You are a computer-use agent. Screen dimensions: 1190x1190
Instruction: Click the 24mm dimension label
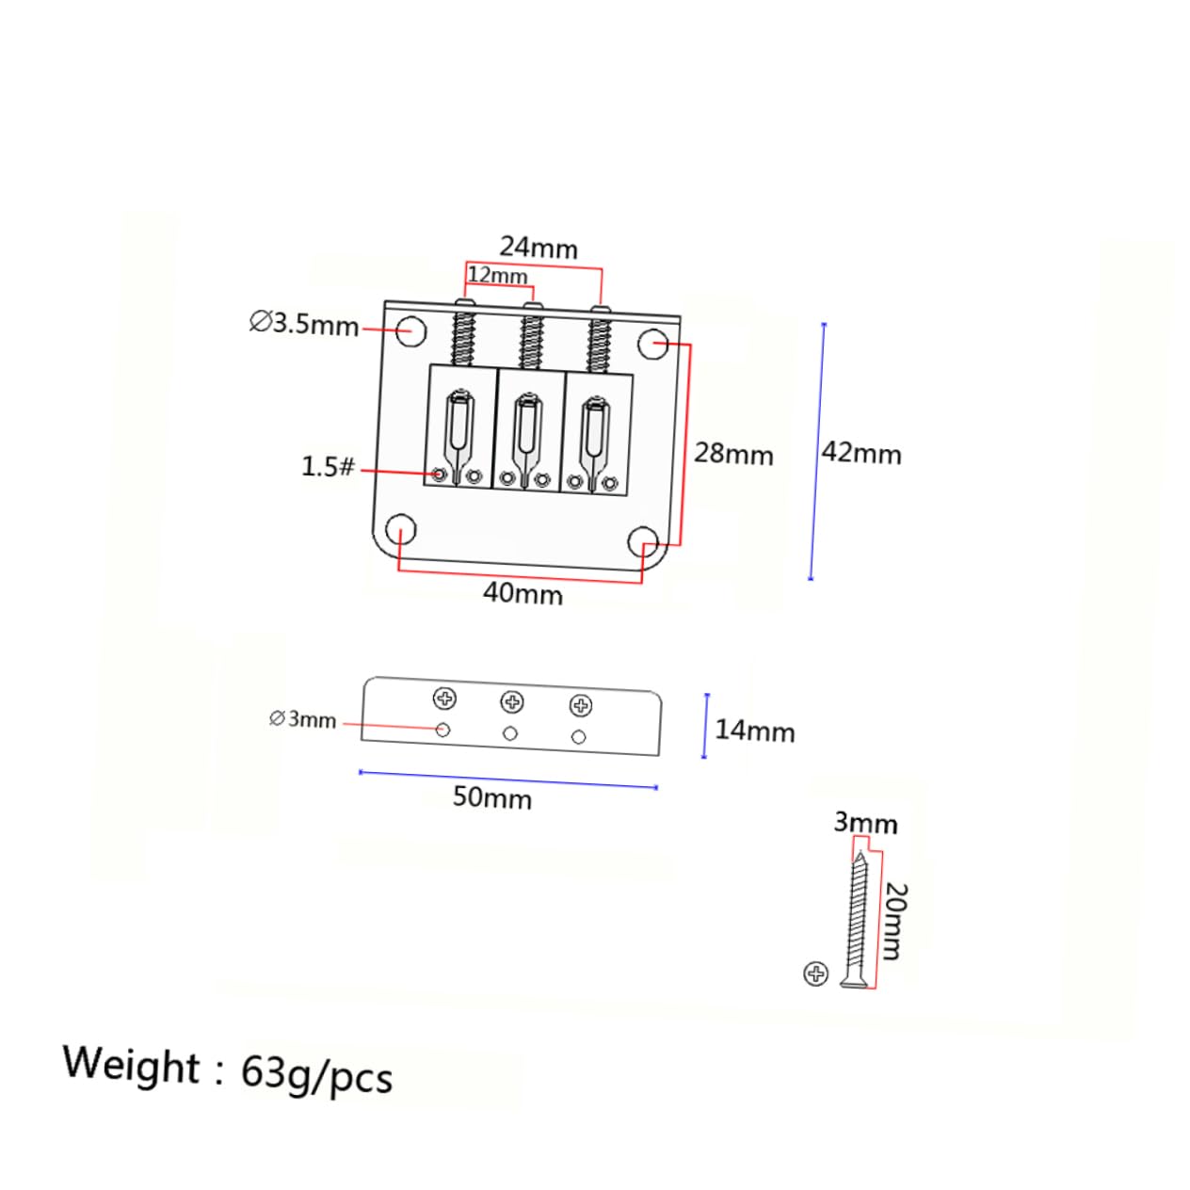[538, 249]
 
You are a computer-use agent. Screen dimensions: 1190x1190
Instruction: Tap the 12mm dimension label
[497, 276]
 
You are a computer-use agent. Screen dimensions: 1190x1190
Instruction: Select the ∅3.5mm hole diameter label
[304, 324]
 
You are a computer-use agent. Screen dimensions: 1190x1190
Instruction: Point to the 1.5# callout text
[328, 466]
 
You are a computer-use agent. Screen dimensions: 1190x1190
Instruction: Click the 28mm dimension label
[733, 454]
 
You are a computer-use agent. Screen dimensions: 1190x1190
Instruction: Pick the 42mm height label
[861, 453]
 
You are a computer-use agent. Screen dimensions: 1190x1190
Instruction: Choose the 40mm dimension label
[523, 593]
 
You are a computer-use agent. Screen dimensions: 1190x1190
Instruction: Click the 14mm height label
[755, 732]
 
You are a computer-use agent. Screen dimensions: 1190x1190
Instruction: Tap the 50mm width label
[492, 797]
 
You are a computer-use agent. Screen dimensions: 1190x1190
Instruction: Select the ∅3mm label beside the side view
[302, 719]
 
